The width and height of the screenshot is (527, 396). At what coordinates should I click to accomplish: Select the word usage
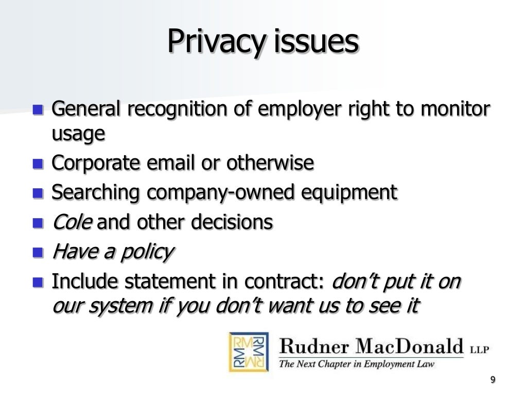coord(78,135)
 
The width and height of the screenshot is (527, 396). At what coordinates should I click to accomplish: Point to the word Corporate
coord(96,163)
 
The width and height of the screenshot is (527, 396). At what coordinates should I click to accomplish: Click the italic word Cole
coord(72,222)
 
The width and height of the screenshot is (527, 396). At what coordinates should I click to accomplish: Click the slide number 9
coord(493,380)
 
